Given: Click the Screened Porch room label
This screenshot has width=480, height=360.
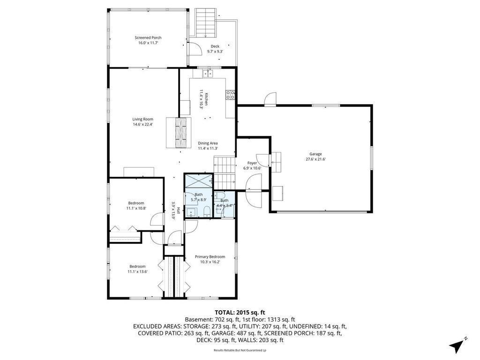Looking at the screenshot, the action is point(148,37).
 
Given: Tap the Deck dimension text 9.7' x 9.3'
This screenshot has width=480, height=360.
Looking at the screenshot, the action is point(215,52).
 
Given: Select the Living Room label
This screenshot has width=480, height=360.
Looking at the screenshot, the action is point(142,119).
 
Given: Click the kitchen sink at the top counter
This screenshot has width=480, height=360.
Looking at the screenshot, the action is point(208,74).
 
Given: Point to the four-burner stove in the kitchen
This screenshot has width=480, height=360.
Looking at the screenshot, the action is point(230,95).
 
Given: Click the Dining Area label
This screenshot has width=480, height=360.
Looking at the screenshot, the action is point(208,143).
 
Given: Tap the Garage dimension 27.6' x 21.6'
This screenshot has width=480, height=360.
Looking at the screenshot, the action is point(315,159).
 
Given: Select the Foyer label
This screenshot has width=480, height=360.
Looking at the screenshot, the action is point(252,163).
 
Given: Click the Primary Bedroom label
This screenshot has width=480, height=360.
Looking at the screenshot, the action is point(210,256).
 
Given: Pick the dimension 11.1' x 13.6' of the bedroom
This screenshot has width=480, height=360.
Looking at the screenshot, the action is point(137,271).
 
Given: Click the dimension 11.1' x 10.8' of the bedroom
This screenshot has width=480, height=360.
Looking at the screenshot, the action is point(136,208).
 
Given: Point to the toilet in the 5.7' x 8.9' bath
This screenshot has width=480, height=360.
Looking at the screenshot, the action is point(207,211).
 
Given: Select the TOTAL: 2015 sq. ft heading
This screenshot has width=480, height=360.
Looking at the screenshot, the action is point(240,313).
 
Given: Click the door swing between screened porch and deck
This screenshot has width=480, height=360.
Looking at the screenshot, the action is point(195,48).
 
